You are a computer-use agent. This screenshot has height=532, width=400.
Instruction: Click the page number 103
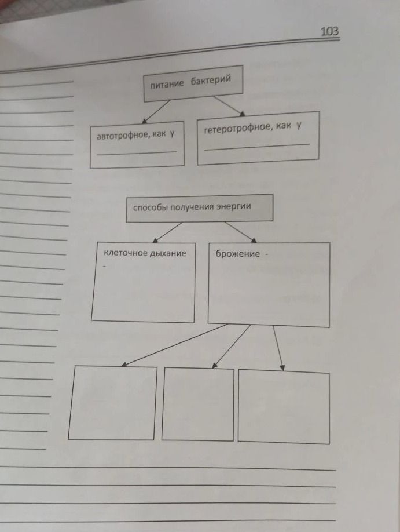click(330, 31)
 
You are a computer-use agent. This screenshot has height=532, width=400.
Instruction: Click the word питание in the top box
click(167, 84)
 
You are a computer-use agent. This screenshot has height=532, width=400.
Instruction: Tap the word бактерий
click(211, 81)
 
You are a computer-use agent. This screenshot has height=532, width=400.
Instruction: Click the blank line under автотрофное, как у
click(137, 152)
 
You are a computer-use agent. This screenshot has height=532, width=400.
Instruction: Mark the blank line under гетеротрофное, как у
click(256, 147)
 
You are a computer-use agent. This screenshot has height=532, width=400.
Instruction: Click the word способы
click(150, 207)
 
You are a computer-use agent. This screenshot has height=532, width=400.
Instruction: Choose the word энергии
click(234, 206)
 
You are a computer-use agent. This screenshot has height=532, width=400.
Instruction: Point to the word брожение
click(238, 254)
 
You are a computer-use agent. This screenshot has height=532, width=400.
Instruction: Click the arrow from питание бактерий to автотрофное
click(156, 112)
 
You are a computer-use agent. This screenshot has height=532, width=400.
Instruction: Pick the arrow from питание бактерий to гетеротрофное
click(229, 106)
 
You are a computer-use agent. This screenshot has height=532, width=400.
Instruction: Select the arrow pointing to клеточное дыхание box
click(167, 232)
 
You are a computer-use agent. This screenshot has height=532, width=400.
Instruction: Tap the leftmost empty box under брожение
click(112, 403)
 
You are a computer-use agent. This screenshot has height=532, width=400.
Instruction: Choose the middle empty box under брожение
click(198, 405)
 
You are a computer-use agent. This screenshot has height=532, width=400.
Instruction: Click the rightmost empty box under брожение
click(284, 407)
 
